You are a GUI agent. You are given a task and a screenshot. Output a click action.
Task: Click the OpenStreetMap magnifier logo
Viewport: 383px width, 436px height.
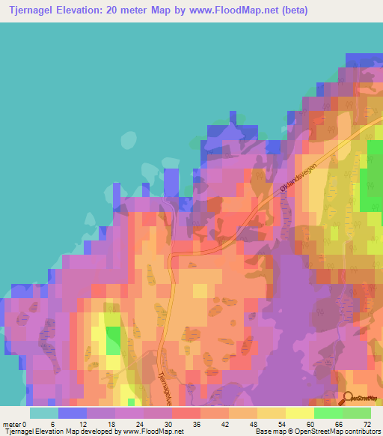tap(349, 398)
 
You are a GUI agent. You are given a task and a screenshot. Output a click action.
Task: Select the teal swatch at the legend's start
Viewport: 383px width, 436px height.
tap(44, 413)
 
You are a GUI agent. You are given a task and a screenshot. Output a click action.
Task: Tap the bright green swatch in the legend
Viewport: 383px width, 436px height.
tap(328, 413)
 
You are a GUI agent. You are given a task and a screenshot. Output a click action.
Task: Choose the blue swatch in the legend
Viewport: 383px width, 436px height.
tap(73, 413)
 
